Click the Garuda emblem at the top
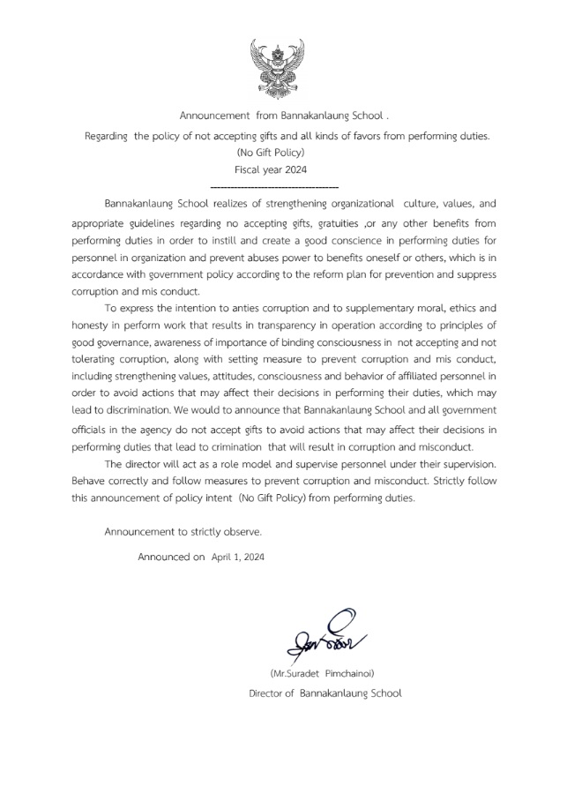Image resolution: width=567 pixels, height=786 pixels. pos(281,66)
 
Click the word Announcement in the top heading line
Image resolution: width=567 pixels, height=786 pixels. pos(213,116)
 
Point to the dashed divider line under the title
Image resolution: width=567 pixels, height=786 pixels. pos(275,188)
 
